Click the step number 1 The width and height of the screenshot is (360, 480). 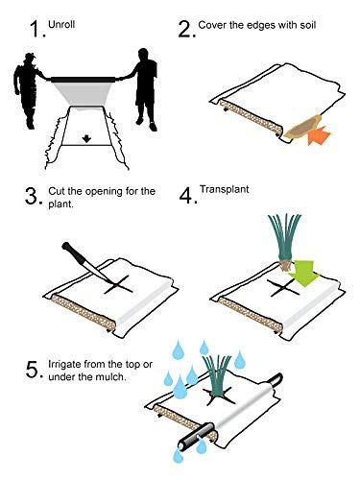(x=36, y=29)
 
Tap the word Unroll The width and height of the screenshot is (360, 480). (x=61, y=24)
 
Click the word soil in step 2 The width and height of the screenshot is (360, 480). (x=308, y=25)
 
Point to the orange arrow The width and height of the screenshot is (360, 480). (x=318, y=135)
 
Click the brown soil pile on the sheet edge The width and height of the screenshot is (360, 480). (x=302, y=128)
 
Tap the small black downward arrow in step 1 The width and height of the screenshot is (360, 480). (x=86, y=138)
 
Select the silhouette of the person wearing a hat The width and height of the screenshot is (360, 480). (x=27, y=88)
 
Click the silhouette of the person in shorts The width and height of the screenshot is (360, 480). (x=144, y=88)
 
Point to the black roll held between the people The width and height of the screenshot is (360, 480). (x=83, y=80)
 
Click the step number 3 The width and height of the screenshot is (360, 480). (x=32, y=196)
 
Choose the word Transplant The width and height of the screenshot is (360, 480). (x=225, y=189)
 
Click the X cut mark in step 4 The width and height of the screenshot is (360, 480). (x=282, y=287)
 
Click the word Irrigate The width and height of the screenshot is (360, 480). (x=64, y=365)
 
